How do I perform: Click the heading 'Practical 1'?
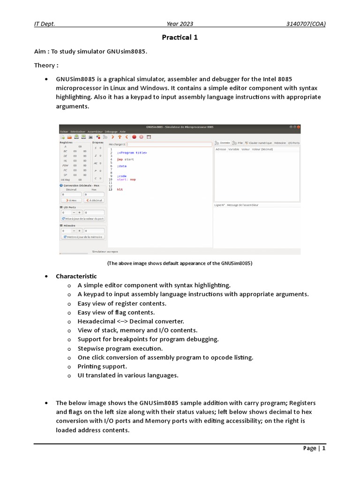click(x=180, y=37)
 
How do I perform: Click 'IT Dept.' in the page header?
click(x=45, y=24)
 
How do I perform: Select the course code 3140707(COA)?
click(x=307, y=24)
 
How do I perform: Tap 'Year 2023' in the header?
click(x=180, y=24)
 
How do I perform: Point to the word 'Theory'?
click(x=44, y=65)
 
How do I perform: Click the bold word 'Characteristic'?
click(x=76, y=276)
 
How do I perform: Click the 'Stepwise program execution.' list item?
click(x=120, y=348)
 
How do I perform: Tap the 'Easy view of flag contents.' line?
click(x=122, y=312)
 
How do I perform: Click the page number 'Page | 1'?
click(x=314, y=448)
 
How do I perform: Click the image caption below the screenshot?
click(x=180, y=263)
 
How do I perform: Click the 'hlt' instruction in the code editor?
click(x=120, y=189)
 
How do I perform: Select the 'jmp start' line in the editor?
click(x=125, y=159)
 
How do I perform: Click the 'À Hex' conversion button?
click(x=71, y=200)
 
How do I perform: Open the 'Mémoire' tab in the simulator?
click(x=280, y=142)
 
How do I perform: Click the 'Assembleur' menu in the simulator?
click(x=95, y=132)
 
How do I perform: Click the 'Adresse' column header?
click(x=220, y=149)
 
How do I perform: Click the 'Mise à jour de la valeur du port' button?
click(x=83, y=218)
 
